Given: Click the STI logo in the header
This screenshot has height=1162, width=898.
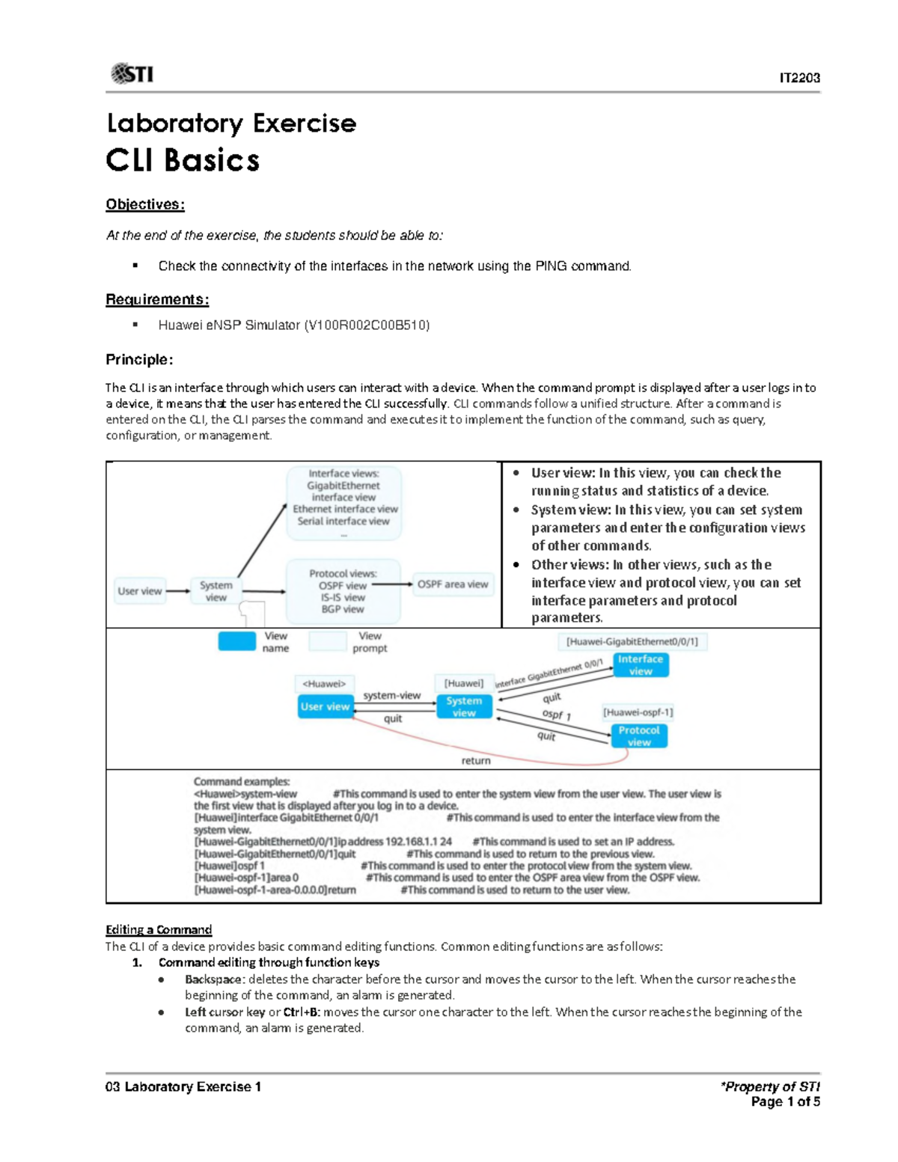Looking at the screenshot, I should point(132,73).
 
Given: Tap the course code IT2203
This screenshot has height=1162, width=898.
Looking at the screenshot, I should point(799,78).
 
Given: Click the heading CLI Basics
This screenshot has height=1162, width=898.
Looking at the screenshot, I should point(183,160).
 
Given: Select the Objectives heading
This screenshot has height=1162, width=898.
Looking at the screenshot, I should point(144,204).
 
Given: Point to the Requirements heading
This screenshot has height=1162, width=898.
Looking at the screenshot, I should point(157,299).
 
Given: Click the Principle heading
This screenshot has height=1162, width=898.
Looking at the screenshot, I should point(139,359).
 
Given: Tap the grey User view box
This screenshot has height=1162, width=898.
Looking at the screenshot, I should point(140,591).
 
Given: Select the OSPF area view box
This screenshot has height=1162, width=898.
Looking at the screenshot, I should point(453,584).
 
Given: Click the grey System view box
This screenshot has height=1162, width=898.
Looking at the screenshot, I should point(216,591).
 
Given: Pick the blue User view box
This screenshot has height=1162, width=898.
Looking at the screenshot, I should point(325,706).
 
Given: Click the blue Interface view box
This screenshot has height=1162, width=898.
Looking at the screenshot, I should point(641,665).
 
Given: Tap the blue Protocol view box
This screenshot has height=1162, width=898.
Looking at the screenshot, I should point(639,736).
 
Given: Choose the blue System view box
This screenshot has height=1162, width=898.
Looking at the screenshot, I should point(464,707).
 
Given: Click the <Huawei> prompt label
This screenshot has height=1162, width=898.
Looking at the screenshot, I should point(324,683).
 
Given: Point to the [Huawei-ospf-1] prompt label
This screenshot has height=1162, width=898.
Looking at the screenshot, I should point(638,712).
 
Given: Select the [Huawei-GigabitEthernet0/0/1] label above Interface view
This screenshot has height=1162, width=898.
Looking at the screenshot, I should point(632,641).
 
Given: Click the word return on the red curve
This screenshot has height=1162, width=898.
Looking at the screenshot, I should point(476,760).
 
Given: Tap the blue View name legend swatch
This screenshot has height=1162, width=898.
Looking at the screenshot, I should point(236,641).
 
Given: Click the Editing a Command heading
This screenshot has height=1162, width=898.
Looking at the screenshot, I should point(159,929).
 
